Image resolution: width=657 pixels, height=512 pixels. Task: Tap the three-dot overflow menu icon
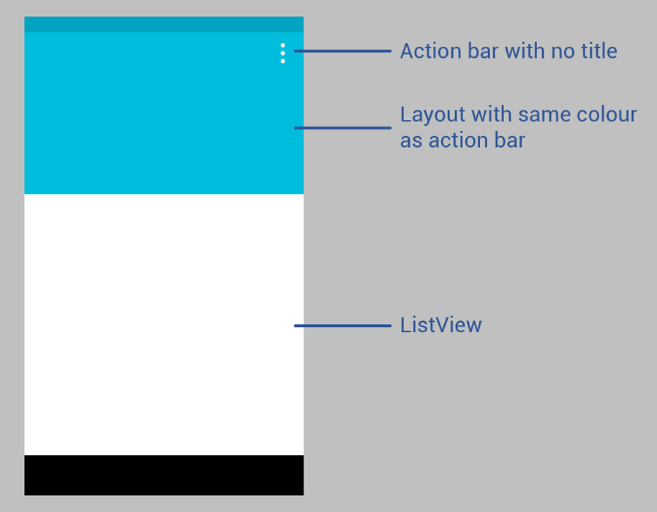point(283,53)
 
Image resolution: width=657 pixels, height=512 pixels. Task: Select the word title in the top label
point(598,51)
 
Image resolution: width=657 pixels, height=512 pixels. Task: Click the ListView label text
point(440,325)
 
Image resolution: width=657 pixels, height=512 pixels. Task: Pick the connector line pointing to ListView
point(342,325)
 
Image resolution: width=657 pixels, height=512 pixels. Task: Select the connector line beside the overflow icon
point(342,51)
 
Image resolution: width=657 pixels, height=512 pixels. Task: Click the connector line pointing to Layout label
point(342,128)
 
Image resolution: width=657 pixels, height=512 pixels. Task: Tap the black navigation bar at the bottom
point(164,475)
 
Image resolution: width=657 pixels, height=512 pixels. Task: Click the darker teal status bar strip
point(164,24)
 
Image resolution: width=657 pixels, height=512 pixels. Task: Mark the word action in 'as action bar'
point(459,140)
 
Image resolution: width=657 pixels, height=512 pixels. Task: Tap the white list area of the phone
point(164,324)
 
